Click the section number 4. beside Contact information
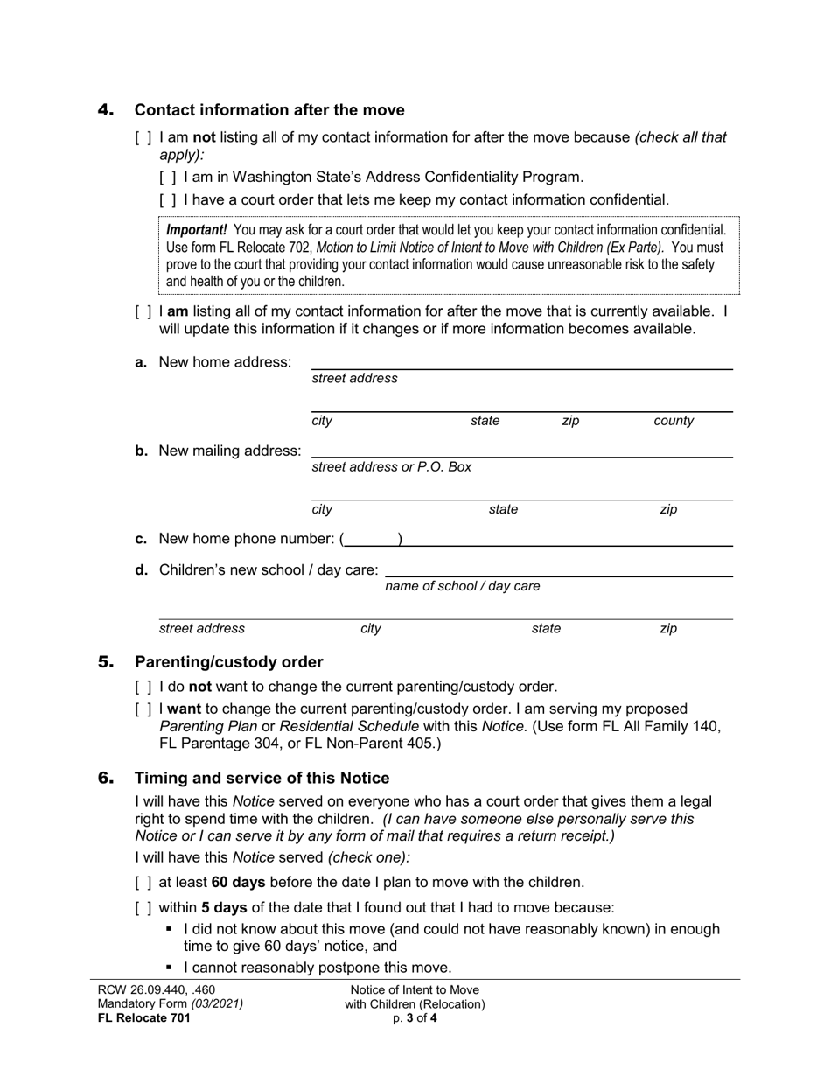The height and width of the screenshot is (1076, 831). point(106,110)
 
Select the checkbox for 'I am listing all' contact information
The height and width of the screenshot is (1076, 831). point(142,311)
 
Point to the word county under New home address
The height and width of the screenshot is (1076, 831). point(674,421)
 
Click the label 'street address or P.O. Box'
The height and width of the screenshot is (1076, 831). point(392,466)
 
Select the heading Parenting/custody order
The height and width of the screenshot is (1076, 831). point(228,662)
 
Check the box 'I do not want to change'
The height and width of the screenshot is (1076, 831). point(142,688)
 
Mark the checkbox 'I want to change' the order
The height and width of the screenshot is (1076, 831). point(142,709)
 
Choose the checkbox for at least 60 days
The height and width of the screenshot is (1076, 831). point(142,883)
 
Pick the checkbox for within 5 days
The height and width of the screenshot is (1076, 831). point(142,908)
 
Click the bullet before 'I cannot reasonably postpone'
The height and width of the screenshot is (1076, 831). point(170,968)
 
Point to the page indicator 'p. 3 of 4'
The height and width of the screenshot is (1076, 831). point(415,1018)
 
